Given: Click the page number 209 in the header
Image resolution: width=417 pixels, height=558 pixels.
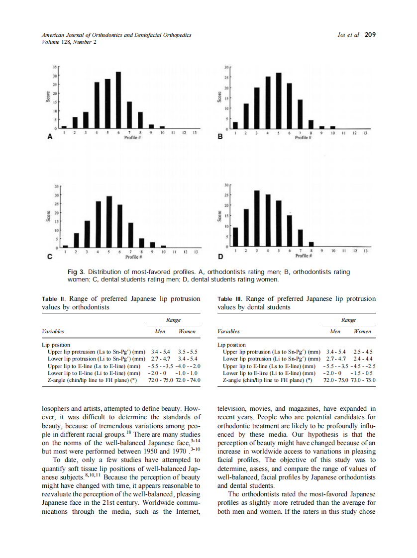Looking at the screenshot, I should click(370, 35).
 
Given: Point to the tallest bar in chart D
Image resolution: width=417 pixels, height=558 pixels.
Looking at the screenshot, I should click(257, 218).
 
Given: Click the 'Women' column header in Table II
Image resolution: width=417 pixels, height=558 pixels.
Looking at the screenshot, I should click(187, 331).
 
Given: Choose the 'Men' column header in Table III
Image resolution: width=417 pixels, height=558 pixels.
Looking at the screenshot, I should click(335, 331).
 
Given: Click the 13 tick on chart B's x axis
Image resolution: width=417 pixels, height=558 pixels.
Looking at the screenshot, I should click(365, 134).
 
